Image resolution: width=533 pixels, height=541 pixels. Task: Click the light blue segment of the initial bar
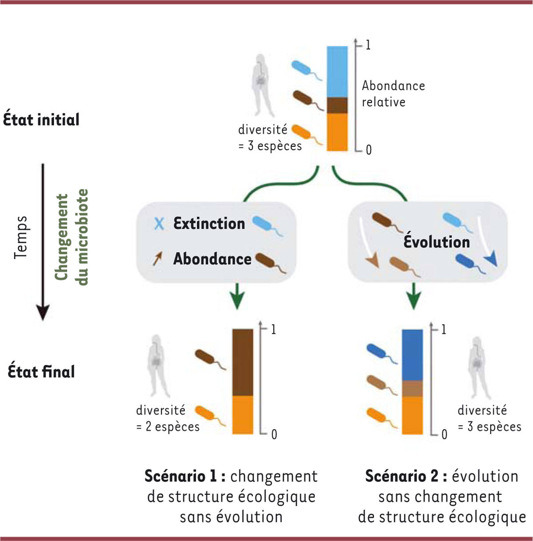click(337, 71)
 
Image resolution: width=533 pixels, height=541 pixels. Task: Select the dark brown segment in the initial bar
click(337, 106)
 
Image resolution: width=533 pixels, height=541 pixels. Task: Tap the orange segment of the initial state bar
click(337, 132)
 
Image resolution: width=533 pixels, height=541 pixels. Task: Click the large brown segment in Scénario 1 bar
click(243, 362)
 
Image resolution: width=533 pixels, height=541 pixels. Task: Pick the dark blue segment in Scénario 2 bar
click(412, 355)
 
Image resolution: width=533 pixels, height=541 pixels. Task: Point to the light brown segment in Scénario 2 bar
click(412, 388)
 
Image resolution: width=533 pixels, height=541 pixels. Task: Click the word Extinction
click(209, 223)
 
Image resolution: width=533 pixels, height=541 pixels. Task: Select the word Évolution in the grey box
click(437, 242)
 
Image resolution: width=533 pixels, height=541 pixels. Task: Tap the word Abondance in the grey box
click(212, 259)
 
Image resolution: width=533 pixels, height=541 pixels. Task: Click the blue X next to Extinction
click(159, 223)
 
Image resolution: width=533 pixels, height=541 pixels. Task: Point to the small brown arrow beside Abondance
click(157, 258)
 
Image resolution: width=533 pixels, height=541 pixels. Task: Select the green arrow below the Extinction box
click(238, 296)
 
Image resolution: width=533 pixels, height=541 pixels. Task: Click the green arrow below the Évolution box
click(414, 296)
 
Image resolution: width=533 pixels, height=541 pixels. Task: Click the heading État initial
click(41, 120)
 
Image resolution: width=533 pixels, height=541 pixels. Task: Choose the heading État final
click(41, 371)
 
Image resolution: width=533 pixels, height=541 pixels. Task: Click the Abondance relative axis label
click(393, 94)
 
